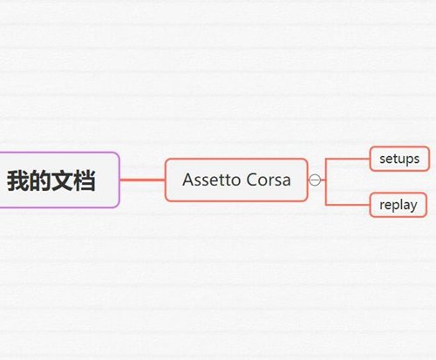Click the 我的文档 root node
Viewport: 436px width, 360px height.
tap(58, 180)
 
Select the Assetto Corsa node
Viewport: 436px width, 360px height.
tap(236, 180)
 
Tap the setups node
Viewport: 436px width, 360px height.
tap(399, 159)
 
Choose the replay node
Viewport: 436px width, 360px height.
tap(399, 205)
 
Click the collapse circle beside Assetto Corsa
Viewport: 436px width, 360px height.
tap(315, 180)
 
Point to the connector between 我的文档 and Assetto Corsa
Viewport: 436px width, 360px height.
tap(142, 180)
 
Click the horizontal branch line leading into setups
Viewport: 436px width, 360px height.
tap(348, 159)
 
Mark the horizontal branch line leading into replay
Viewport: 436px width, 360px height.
tap(348, 205)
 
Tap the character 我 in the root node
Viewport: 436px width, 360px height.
tap(18, 180)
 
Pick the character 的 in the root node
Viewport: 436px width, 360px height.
tap(40, 180)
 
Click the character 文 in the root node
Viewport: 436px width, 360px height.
tap(62, 180)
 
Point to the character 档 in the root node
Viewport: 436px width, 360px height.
tap(85, 180)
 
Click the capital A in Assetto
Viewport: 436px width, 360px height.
tap(188, 180)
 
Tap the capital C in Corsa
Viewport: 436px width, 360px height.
tap(252, 180)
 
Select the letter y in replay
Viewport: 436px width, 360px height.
tap(413, 207)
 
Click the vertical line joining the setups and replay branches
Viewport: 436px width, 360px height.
tap(326, 182)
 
